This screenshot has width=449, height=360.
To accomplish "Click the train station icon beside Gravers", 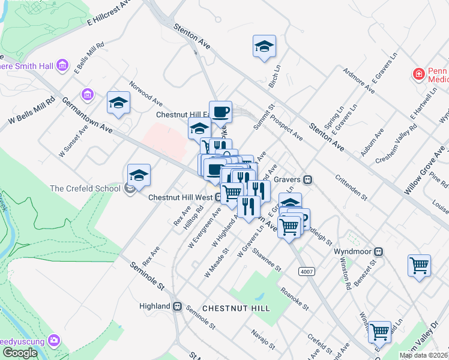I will pyautogui.click(x=308, y=179).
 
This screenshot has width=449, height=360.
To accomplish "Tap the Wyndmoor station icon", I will pyautogui.click(x=379, y=251).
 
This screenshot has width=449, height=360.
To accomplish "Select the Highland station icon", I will pyautogui.click(x=178, y=306).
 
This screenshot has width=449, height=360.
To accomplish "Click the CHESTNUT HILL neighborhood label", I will pyautogui.click(x=236, y=308).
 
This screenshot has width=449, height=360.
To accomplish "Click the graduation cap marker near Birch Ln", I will pyautogui.click(x=264, y=47).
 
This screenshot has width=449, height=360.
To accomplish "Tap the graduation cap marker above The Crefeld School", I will pyautogui.click(x=139, y=175).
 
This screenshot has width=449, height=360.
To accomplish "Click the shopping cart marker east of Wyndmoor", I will pyautogui.click(x=419, y=265).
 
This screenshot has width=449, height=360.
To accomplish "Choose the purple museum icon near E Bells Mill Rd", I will pyautogui.click(x=88, y=95).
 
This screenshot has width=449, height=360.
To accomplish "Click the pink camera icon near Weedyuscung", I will pyautogui.click(x=55, y=341).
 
